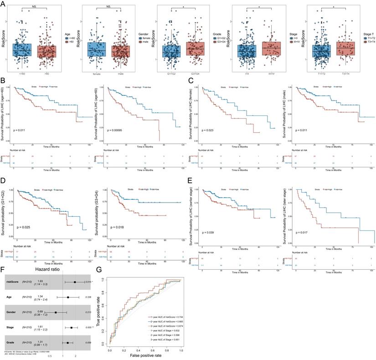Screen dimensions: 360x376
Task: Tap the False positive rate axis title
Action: [x=145, y=356]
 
